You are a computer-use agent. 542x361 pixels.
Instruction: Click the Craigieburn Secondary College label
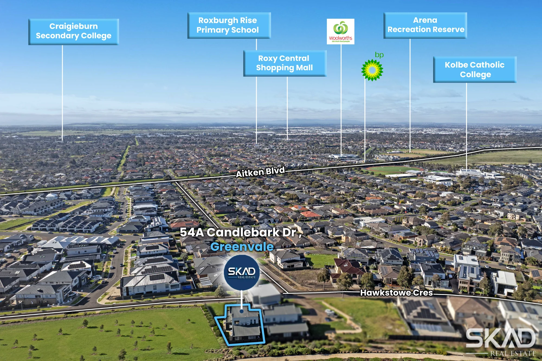73,32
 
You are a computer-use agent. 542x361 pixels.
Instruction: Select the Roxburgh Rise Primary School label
229,25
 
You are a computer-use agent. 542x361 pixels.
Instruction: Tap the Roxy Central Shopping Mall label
285,63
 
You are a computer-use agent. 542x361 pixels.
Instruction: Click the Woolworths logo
341,31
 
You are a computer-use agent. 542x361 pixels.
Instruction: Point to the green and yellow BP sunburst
372,70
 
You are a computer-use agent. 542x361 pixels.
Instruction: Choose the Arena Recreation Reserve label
425,25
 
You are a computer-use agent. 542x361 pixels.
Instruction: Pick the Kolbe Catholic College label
475,70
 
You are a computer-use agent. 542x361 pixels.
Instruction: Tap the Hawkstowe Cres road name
396,293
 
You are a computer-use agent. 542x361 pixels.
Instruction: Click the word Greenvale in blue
242,247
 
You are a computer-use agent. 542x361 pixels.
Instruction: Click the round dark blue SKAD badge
242,273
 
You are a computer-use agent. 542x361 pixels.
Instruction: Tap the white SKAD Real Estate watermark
501,342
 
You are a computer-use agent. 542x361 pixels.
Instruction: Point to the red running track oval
393,170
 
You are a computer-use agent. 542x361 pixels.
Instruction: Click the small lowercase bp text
379,55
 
